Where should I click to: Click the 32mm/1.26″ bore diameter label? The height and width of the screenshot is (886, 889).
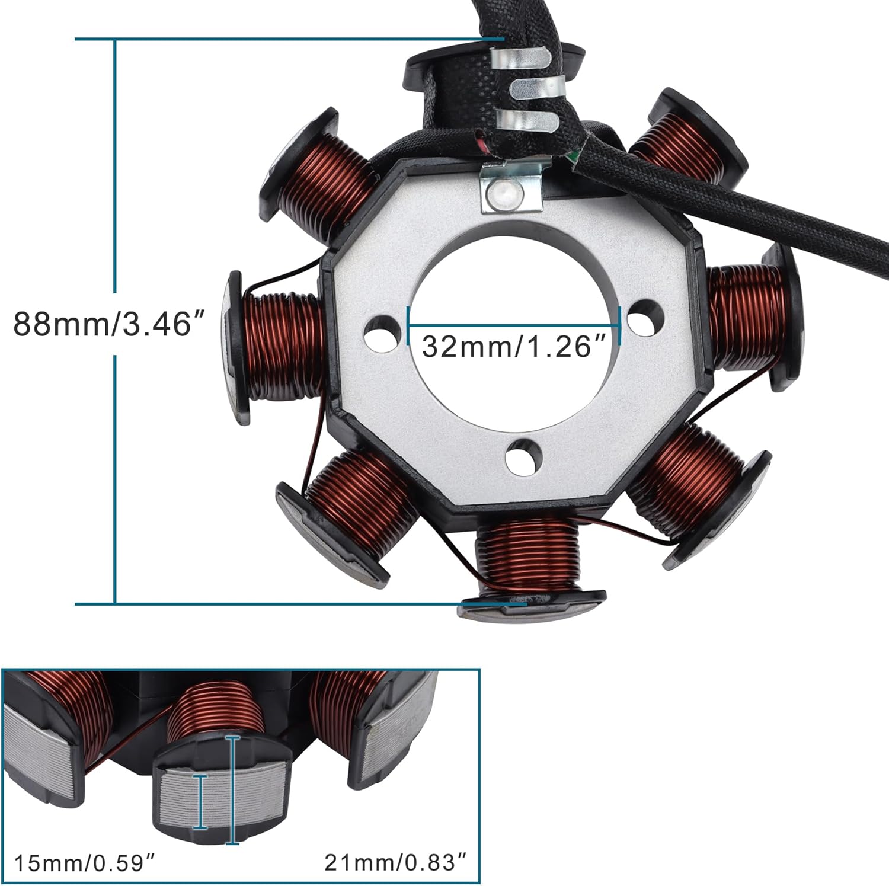pos(514,347)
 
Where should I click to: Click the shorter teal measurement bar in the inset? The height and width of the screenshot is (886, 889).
pos(202,802)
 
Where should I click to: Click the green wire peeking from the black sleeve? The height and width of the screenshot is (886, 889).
pos(573,155)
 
